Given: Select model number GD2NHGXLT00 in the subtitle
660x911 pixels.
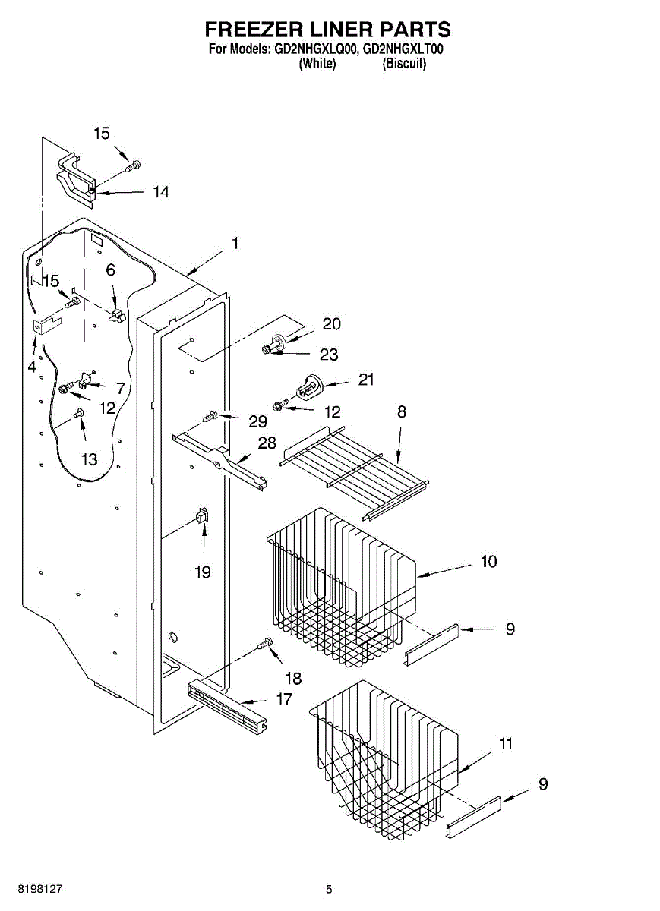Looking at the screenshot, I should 403,50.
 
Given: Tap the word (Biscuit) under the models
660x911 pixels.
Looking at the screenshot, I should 404,64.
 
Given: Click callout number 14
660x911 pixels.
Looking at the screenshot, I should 160,192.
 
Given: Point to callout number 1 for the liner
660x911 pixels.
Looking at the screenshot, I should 235,244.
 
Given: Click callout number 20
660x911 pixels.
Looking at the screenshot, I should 332,324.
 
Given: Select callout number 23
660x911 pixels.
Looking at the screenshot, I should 329,354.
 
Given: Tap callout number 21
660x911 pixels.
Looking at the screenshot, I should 366,380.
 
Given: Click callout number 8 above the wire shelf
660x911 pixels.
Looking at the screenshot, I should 401,412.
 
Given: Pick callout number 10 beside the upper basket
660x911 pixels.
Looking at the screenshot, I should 488,562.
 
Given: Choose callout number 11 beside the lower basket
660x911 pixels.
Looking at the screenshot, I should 505,744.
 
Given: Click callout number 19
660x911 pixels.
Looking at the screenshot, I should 202,572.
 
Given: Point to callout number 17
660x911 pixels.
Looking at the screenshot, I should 284,698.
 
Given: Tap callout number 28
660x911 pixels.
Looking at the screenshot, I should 267,443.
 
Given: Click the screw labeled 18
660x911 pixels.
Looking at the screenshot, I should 266,645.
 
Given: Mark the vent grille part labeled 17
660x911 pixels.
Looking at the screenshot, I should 228,705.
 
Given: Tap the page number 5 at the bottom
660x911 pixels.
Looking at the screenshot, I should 329,889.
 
